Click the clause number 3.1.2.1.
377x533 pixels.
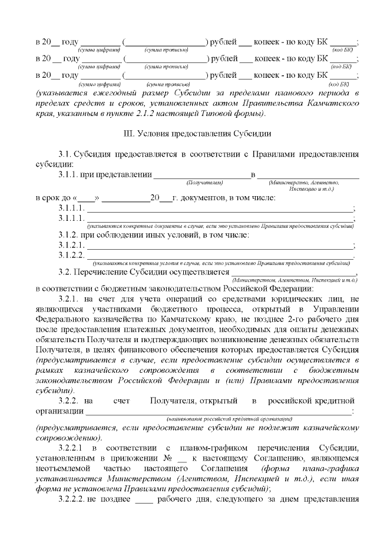[72, 245]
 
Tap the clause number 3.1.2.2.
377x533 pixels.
[72, 255]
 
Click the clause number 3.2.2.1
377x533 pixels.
[73, 449]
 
